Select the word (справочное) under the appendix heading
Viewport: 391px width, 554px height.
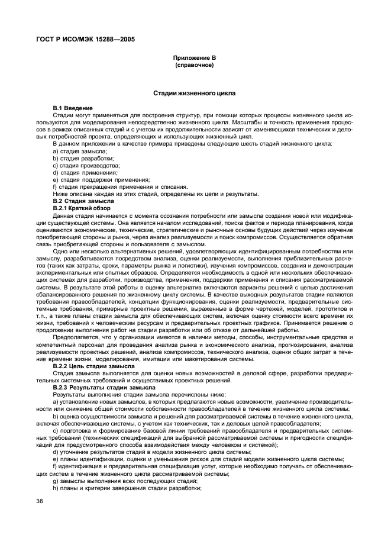[195, 65]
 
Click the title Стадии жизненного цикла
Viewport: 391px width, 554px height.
[195, 94]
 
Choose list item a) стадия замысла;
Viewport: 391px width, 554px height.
[79, 152]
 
